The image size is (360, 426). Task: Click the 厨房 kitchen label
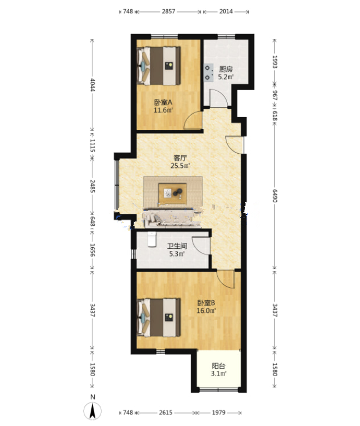pos(225,69)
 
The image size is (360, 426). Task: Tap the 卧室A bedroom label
pos(163,102)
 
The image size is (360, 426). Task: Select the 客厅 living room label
pos(180,158)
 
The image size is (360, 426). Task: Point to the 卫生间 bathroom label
pos(177,246)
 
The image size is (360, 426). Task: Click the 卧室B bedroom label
pos(206,302)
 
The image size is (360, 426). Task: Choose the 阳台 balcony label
pos(219,366)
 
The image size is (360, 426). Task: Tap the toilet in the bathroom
pos(152,239)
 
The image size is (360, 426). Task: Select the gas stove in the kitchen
pos(208,72)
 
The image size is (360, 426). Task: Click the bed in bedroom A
pos(159,66)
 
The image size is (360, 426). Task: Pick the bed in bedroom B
pos(159,318)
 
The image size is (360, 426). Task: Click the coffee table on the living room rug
pos(173,194)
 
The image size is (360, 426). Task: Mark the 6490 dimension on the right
pos(275,196)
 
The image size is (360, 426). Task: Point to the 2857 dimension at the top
pos(169,11)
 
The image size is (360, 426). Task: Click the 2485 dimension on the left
pos(92,186)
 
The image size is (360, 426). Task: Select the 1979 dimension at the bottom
pos(219,413)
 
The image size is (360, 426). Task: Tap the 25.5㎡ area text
pos(180,166)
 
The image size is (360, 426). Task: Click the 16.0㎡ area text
pos(206,311)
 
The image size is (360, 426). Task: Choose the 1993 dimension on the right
pos(275,62)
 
